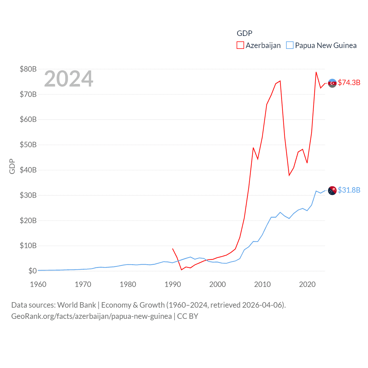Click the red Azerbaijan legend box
pyautogui.click(x=240, y=45)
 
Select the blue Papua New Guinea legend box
pyautogui.click(x=290, y=45)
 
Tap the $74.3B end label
pyautogui.click(x=349, y=83)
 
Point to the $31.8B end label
pyautogui.click(x=349, y=190)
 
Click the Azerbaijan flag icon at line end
pyautogui.click(x=332, y=83)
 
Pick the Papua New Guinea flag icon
pyautogui.click(x=332, y=190)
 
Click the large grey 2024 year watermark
pyautogui.click(x=68, y=79)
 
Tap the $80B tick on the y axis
pyautogui.click(x=28, y=69)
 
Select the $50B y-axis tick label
pyautogui.click(x=28, y=145)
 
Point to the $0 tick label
pyautogui.click(x=32, y=271)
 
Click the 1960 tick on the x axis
pyautogui.click(x=38, y=284)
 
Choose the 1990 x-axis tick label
pyautogui.click(x=173, y=284)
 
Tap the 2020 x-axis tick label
pyautogui.click(x=307, y=284)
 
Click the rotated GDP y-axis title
pyautogui.click(x=12, y=166)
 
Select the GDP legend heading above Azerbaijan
pyautogui.click(x=244, y=33)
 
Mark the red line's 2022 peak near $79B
pyautogui.click(x=316, y=72)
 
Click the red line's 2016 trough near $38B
pyautogui.click(x=289, y=175)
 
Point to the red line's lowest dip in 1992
pyautogui.click(x=181, y=270)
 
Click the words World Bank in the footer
pyautogui.click(x=77, y=305)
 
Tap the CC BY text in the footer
pyautogui.click(x=187, y=316)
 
